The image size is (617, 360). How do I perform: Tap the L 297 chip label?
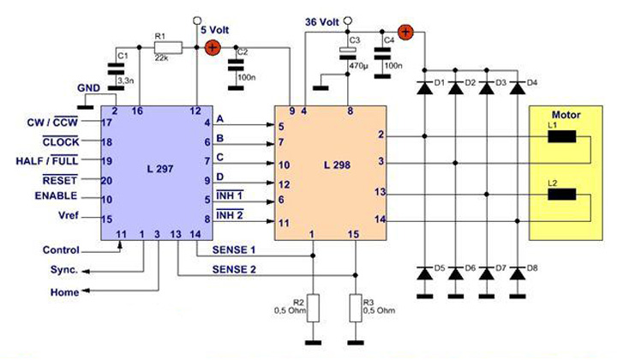pos(159,169)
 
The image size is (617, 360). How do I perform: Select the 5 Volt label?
pos(214,28)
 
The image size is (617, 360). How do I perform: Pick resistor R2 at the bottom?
pos(313,306)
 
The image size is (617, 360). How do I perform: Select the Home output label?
pos(63,292)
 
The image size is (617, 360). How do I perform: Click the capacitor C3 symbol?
pos(348,53)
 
